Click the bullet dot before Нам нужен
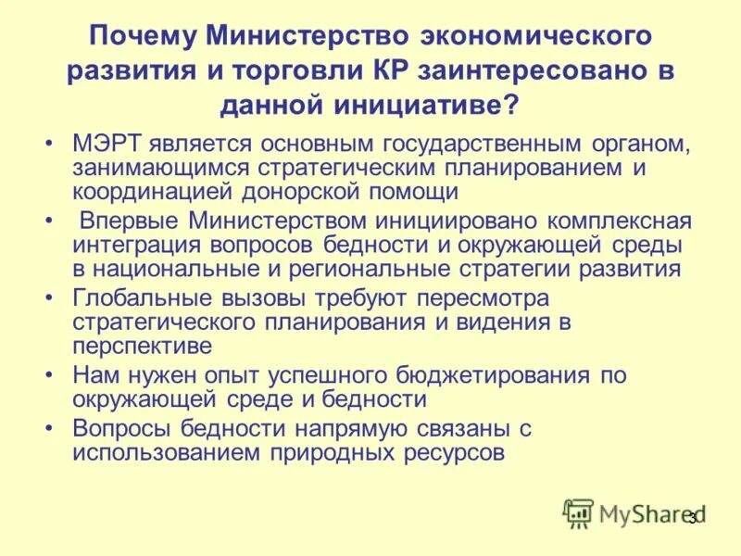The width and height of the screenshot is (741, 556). (49, 376)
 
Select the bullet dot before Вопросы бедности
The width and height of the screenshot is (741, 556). (49, 429)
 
